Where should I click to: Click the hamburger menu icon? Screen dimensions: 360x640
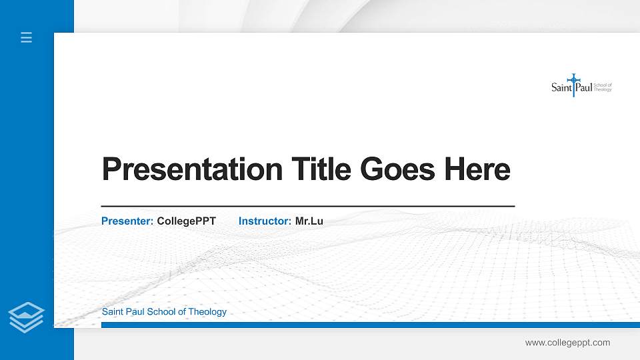click(x=27, y=37)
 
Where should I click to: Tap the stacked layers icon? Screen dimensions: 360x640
click(x=27, y=317)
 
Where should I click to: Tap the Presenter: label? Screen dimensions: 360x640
click(x=127, y=221)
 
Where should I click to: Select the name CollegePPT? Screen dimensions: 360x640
click(x=187, y=221)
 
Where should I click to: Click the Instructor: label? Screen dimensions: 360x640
click(x=265, y=221)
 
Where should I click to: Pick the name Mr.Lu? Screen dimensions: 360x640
click(x=309, y=221)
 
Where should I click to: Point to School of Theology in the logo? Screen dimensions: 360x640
click(x=603, y=87)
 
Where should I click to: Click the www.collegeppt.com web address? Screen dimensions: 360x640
click(x=567, y=343)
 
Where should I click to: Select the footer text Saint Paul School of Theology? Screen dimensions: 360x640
click(x=164, y=312)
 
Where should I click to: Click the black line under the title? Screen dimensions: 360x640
click(x=307, y=207)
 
